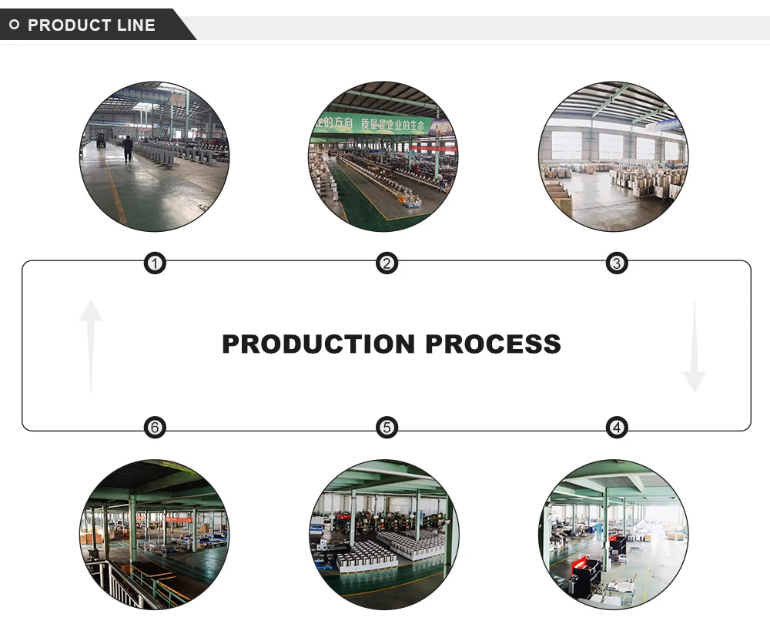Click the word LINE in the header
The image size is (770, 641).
(137, 25)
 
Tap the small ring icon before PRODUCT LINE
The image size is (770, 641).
(14, 25)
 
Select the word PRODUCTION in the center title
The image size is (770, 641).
(319, 344)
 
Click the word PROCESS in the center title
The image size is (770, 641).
(494, 344)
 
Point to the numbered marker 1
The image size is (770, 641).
(156, 264)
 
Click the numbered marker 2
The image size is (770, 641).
(387, 264)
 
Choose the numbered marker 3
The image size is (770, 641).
(616, 264)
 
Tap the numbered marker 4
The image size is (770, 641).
(616, 428)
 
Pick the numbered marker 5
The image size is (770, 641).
(387, 428)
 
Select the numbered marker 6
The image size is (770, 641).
(156, 428)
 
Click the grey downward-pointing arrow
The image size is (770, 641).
(694, 347)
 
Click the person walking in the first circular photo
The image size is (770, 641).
(128, 148)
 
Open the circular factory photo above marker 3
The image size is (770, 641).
(614, 157)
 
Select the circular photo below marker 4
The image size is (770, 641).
(614, 535)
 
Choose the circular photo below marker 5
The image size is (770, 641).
(384, 535)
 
